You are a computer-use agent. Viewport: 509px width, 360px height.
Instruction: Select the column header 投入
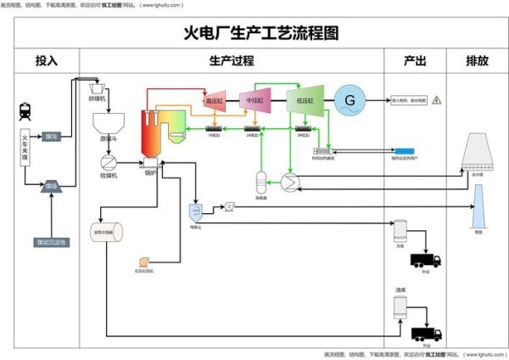[x=47, y=61]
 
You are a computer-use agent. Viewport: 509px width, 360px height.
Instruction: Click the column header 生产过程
[x=231, y=61]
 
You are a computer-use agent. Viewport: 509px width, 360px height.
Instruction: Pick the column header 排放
[x=477, y=61]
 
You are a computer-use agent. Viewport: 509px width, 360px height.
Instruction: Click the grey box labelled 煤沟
[x=51, y=136]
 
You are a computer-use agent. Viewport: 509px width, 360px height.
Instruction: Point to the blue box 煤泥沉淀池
[x=50, y=241]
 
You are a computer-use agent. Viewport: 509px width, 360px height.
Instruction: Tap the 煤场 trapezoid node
[x=50, y=186]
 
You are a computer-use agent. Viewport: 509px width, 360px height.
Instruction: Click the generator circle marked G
[x=349, y=100]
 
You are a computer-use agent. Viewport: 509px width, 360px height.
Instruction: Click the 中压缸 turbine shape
[x=255, y=100]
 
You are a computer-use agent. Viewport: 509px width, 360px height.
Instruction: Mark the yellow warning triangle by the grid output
[x=436, y=100]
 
